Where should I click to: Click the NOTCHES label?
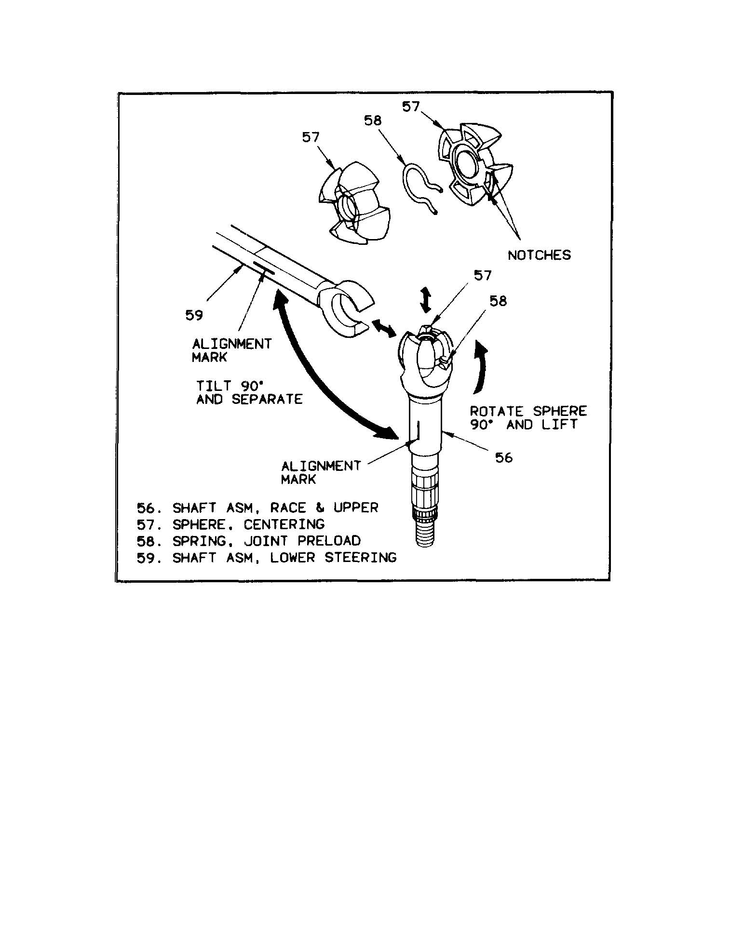pos(539,255)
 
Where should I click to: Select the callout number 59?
pos(194,315)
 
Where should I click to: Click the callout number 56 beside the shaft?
pos(504,457)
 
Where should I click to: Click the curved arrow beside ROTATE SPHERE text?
pos(481,366)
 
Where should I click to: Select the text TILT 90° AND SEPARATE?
pos(249,392)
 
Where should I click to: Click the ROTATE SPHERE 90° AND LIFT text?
pos(528,418)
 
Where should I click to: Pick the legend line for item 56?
pos(257,508)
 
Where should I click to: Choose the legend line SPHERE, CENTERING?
pos(230,524)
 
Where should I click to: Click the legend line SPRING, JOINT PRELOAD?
pos(248,541)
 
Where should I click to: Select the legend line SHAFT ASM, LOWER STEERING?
pos(266,558)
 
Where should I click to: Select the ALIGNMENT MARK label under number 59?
pos(232,350)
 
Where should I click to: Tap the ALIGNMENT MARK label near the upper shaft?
pos(321,472)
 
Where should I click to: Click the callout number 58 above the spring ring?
pos(373,120)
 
